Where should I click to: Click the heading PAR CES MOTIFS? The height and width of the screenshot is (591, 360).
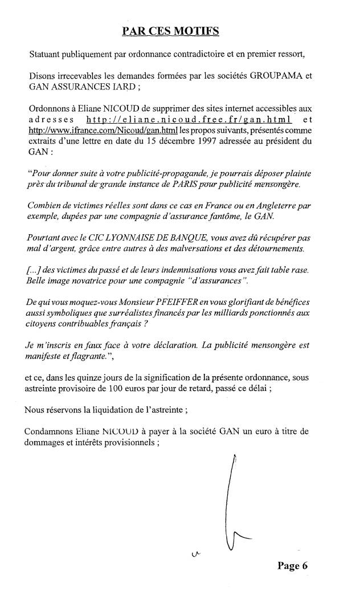click(170, 32)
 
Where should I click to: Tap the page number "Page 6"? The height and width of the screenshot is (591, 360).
click(293, 565)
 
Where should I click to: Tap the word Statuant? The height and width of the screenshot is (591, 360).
click(48, 55)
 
